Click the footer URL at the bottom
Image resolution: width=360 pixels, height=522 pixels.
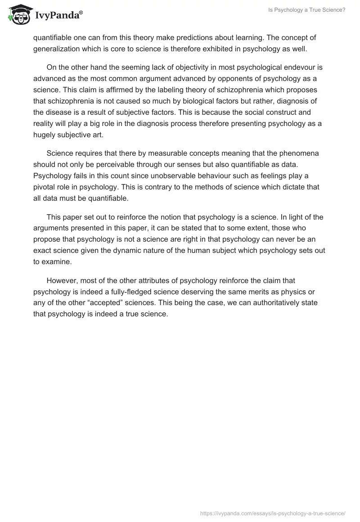(272, 513)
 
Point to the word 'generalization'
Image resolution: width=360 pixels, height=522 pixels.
(55, 49)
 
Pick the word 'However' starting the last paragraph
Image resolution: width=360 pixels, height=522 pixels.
(63, 280)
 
